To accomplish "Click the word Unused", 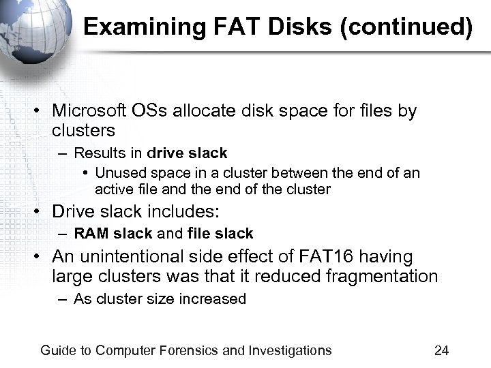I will (117, 173).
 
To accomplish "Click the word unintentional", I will (136, 257).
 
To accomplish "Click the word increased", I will (215, 299).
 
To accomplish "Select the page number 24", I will (441, 351).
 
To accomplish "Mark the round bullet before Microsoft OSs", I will (42, 111).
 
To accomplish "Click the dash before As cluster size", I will (63, 300).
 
